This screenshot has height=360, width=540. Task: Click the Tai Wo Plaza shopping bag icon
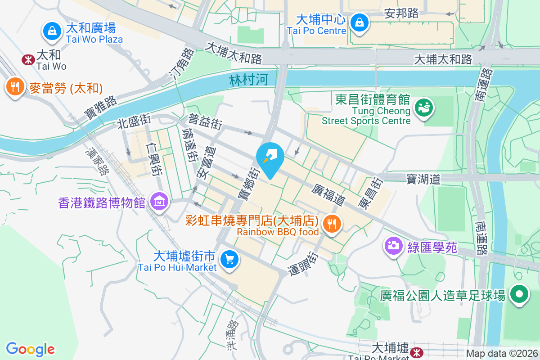[x=53, y=31]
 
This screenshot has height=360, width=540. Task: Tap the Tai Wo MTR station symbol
[x=28, y=59]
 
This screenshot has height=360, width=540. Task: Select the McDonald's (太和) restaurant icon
[x=15, y=87]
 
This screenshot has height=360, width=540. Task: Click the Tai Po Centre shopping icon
[x=360, y=21]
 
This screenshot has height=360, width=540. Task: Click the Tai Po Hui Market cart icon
[x=229, y=259]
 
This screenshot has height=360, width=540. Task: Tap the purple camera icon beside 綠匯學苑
[x=393, y=245]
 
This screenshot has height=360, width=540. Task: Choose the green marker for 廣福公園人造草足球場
[x=519, y=295]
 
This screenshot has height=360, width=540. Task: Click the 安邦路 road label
[x=402, y=13]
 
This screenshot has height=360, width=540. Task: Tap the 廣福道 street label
[x=328, y=195]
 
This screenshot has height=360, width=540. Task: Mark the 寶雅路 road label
[x=100, y=110]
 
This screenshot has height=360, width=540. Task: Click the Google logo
[x=30, y=349]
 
